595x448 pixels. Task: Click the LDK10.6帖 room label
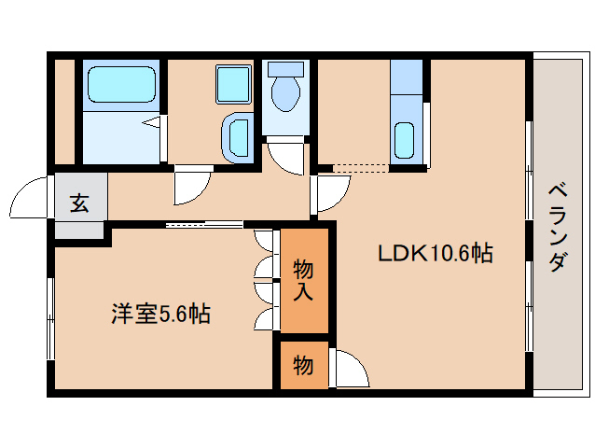[x=435, y=252]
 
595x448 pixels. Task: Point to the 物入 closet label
[x=304, y=280]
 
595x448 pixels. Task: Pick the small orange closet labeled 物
[x=303, y=364]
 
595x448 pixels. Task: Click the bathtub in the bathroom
[x=122, y=86]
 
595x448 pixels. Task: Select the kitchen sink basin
[x=405, y=141]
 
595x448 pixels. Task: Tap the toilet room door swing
[x=284, y=155]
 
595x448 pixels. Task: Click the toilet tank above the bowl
[x=285, y=69]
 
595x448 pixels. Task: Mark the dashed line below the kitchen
[x=360, y=168]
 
